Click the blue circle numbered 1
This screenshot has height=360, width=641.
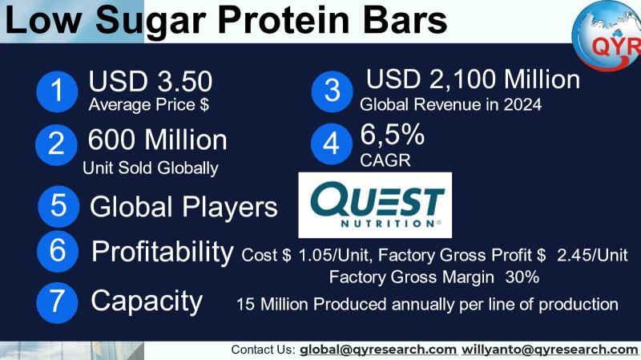(57, 91)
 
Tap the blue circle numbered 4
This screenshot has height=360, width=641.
(332, 144)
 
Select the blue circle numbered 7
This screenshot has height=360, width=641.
(57, 303)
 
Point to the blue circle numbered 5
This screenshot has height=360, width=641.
(58, 207)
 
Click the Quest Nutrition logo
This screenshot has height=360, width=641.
(375, 205)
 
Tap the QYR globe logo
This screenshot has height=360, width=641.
(607, 34)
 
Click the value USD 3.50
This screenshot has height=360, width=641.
(151, 81)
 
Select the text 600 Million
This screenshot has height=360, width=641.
(157, 140)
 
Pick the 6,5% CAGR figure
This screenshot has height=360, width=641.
(392, 135)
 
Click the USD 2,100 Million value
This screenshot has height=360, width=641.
(473, 79)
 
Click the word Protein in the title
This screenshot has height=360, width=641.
(284, 21)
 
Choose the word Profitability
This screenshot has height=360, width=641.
(163, 252)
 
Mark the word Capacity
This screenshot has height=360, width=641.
(147, 301)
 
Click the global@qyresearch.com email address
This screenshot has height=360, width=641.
(378, 350)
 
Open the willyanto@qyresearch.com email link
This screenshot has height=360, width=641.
(550, 350)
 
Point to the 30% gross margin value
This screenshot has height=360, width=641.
(522, 277)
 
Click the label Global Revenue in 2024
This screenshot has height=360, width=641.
(450, 105)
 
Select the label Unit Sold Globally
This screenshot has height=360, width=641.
(151, 168)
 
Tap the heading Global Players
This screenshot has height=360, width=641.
(183, 207)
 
